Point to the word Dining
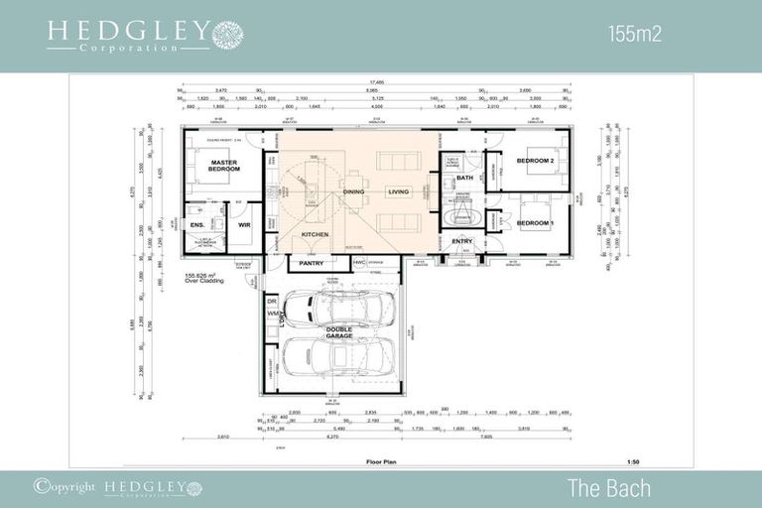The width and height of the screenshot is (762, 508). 353,191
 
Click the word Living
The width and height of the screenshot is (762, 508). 398,191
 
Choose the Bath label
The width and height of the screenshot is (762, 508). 464,179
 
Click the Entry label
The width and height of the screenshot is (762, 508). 462,241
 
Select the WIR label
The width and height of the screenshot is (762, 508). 244,224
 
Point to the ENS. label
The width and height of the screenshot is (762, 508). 196,224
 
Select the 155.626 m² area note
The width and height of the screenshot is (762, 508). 205,278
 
